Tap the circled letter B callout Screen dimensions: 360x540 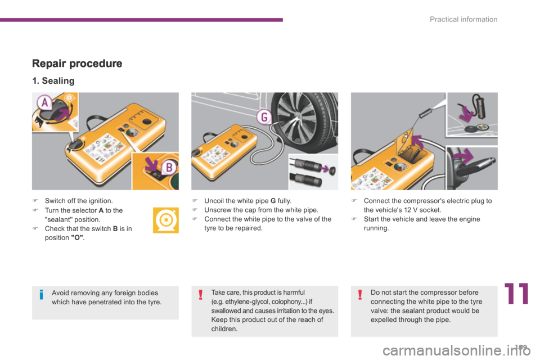(168, 167)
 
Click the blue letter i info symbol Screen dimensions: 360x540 (42, 296)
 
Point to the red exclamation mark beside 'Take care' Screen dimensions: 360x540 (201, 296)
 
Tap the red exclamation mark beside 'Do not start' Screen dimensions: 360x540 (360, 296)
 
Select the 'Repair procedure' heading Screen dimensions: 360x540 (77, 63)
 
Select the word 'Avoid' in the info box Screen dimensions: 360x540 (61, 293)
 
